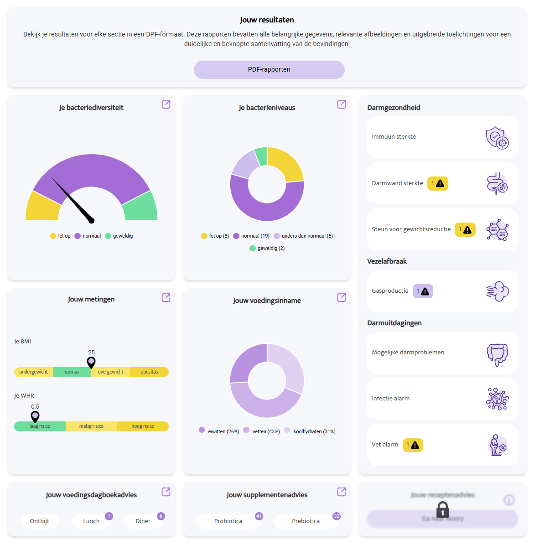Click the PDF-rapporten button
coord(269,70)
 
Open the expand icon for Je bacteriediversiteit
coord(166,104)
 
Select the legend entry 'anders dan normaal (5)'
coord(303,236)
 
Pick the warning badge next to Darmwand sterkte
coord(437,183)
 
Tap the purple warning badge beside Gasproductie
coord(423,291)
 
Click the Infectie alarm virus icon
coord(497,399)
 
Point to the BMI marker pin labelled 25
coord(91,363)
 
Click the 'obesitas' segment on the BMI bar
coord(149,372)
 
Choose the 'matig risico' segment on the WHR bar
coord(91,426)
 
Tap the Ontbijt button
coord(40,521)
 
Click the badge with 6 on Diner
coord(161,516)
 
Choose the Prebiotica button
coord(306,521)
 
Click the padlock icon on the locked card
coord(442,509)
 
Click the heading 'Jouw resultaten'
coord(267,20)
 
